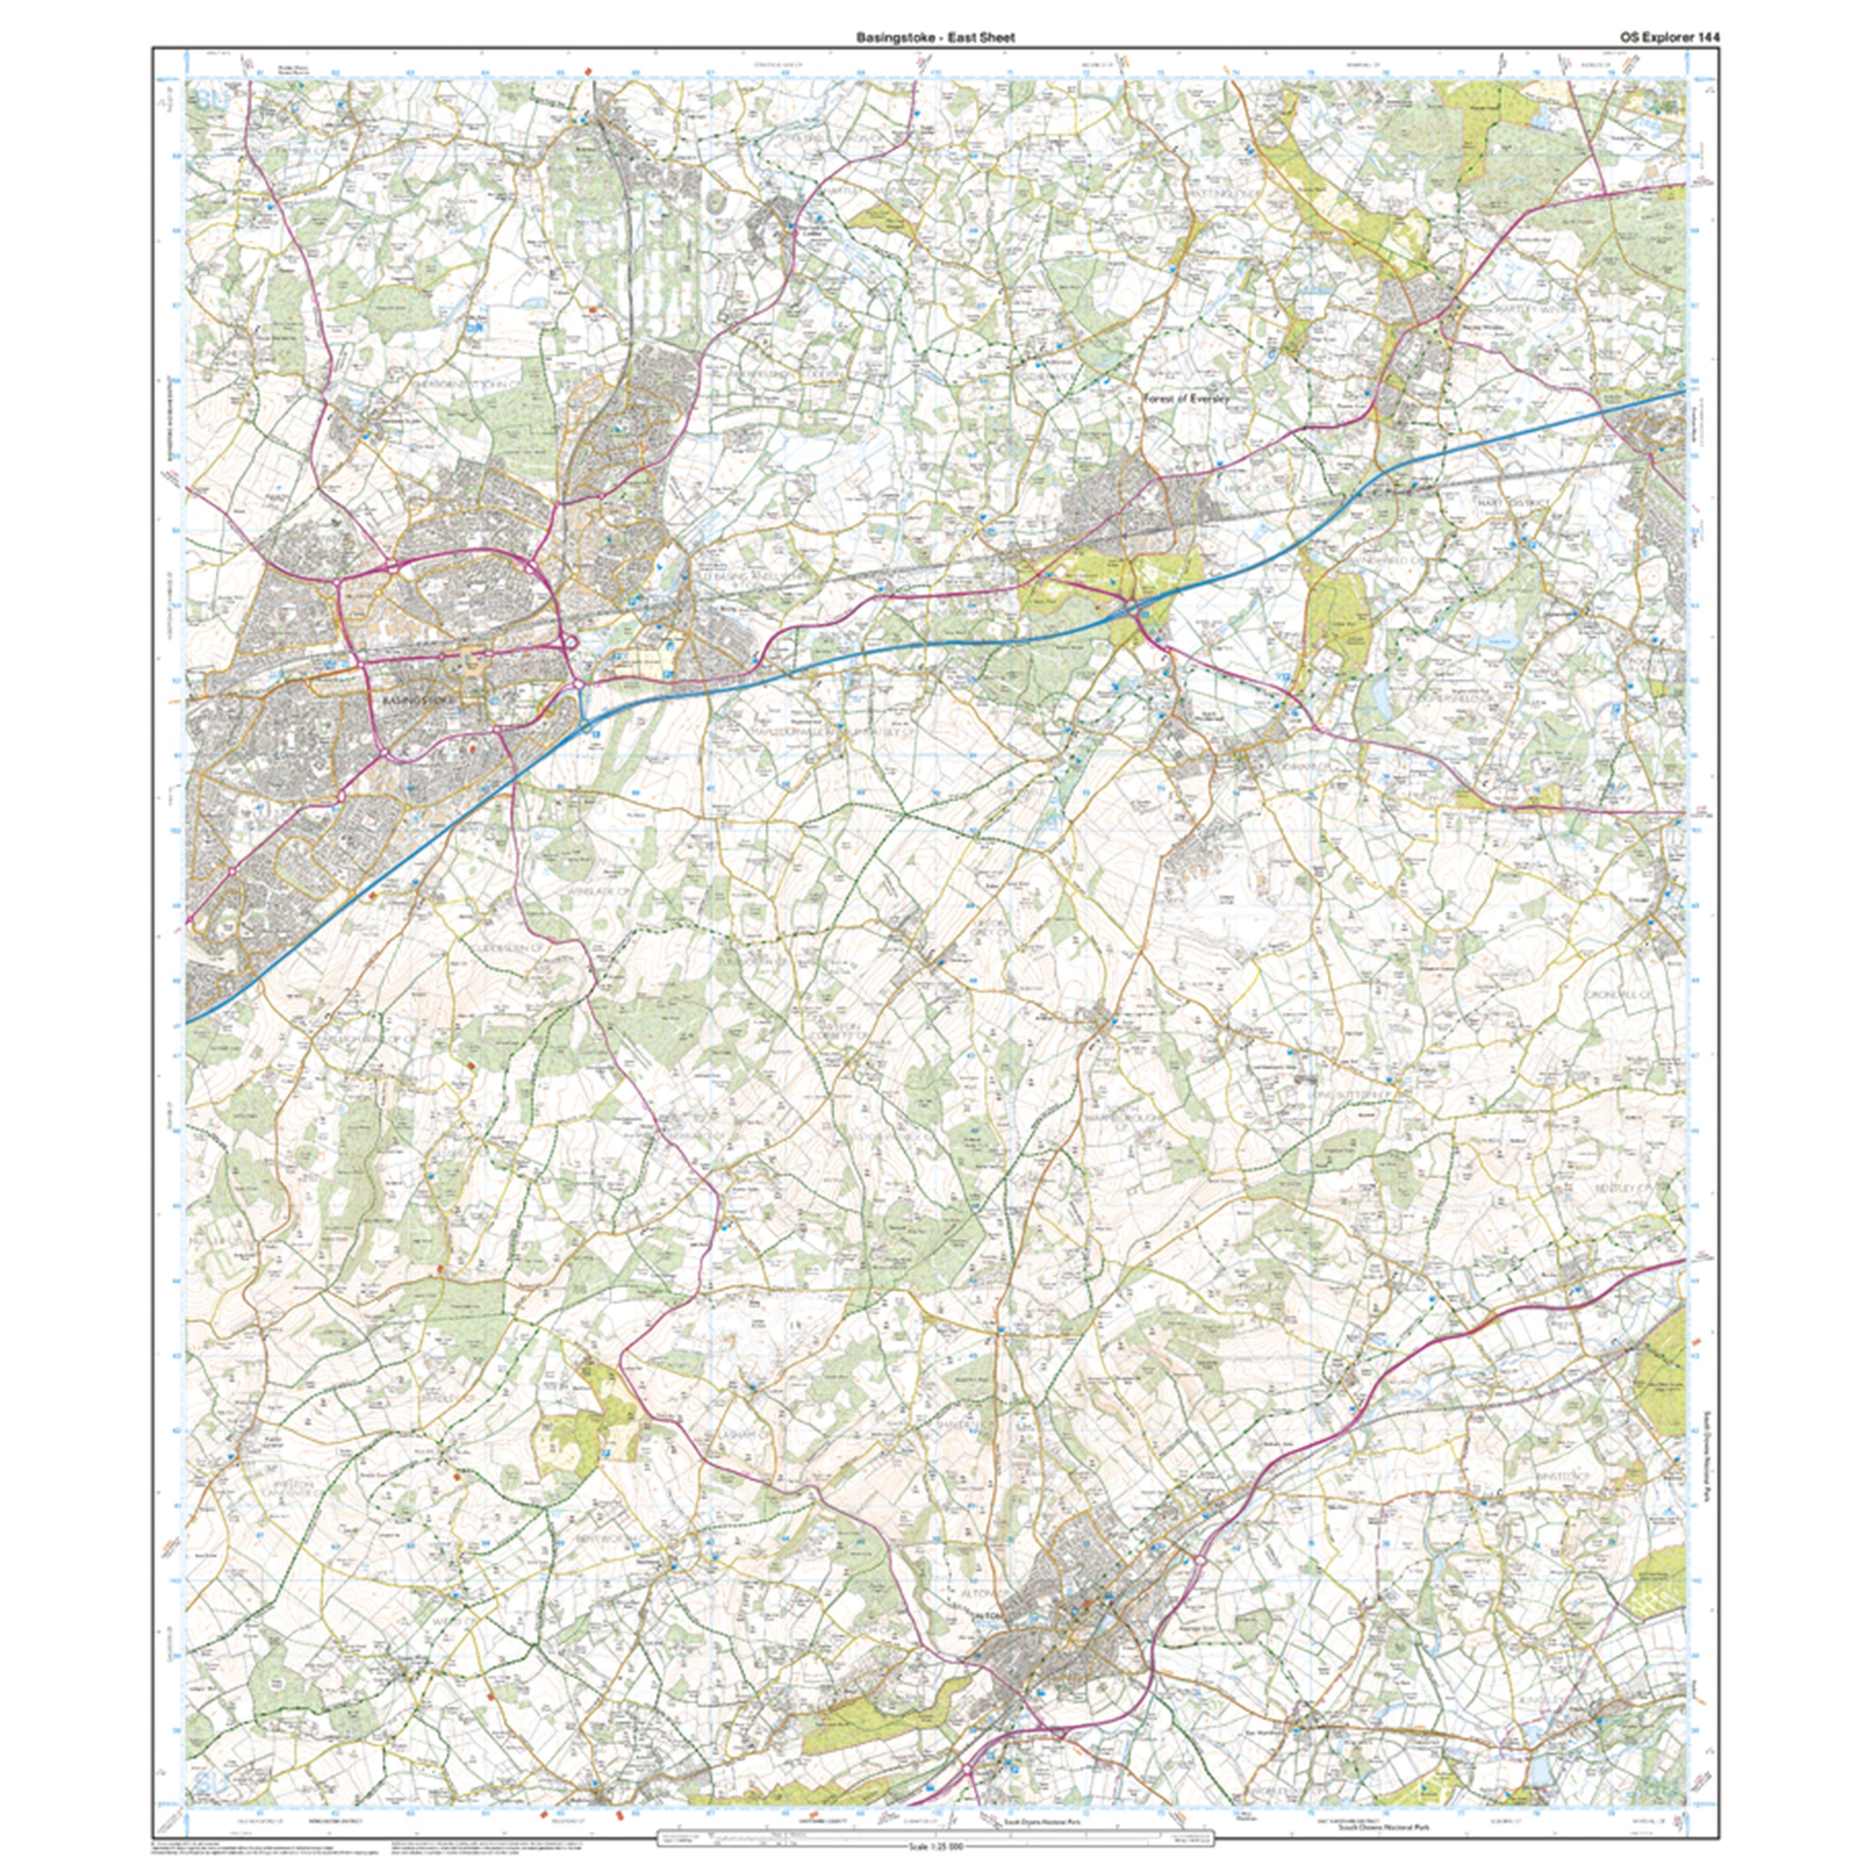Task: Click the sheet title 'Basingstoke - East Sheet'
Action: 935,37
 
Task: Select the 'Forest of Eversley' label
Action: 1185,399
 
